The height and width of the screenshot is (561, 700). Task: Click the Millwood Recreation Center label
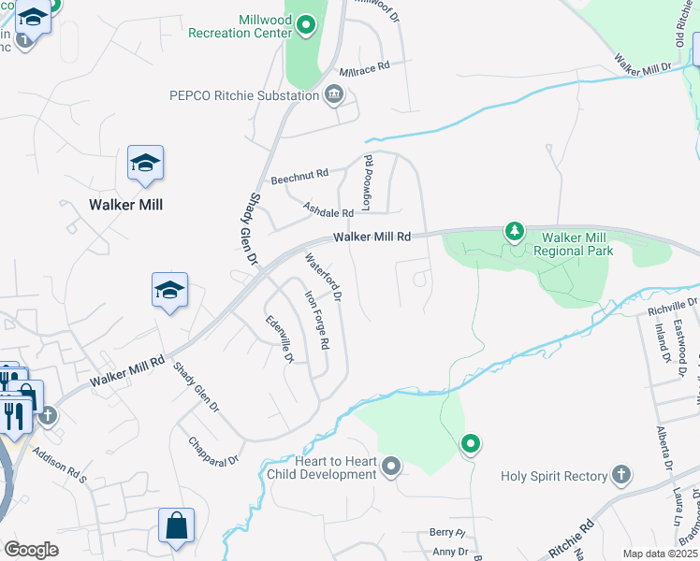pos(241,25)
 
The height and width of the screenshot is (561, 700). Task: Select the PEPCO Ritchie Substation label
pos(243,94)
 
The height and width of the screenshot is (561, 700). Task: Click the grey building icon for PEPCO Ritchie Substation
pos(334,94)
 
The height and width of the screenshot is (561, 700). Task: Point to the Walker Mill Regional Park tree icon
pos(514,230)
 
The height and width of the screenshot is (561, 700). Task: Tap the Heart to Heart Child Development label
pos(321,467)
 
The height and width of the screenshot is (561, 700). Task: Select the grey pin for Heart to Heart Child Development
pos(391,466)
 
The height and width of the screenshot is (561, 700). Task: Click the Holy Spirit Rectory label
pos(554,476)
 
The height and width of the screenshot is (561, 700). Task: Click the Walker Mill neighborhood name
pos(121,204)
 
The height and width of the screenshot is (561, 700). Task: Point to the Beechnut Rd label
pos(299,175)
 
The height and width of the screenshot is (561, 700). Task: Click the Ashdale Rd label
pos(328,210)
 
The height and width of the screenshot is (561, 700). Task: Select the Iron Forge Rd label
pos(317,320)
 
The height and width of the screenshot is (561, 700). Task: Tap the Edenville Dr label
pos(280,338)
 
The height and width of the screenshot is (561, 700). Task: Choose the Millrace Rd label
pos(363,69)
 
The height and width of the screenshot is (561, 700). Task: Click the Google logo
pos(32,550)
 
